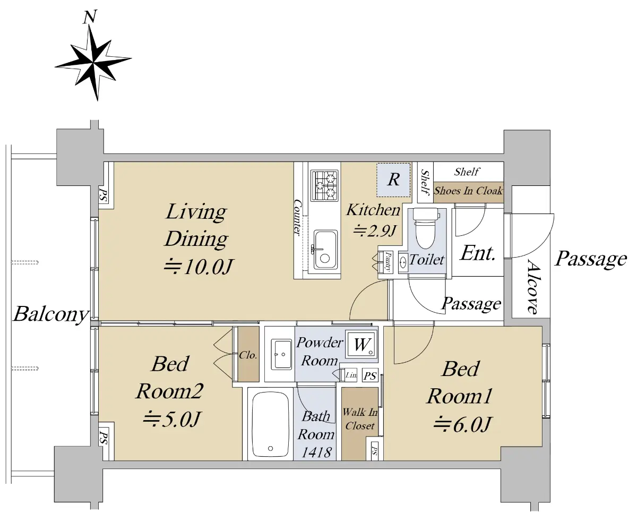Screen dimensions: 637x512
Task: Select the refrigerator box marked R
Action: (393, 180)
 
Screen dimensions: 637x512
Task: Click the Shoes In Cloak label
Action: (468, 191)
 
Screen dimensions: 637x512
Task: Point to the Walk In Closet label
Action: (360, 419)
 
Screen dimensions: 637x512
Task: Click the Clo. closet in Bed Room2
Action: (248, 355)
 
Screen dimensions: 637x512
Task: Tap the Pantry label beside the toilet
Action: (388, 261)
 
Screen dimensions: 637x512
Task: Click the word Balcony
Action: (51, 314)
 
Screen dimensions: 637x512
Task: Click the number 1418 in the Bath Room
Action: (316, 452)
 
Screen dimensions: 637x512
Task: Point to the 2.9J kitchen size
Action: (375, 231)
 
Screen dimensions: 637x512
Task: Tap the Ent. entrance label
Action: (477, 253)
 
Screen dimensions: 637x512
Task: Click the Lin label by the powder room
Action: (351, 375)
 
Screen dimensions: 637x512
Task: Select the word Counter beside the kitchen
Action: (298, 218)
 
